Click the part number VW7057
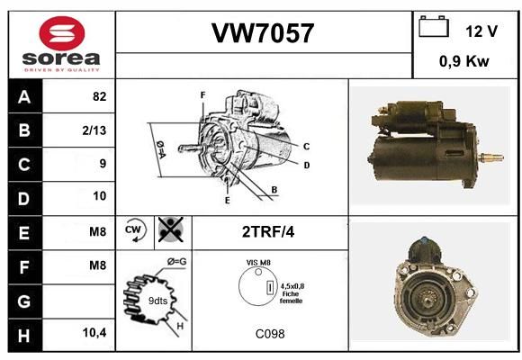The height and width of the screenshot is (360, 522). point(263,33)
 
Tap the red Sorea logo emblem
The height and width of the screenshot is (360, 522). point(62,33)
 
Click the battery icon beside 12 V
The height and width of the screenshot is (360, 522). point(434,26)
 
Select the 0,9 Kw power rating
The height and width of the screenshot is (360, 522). point(464,61)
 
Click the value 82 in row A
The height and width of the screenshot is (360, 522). point(100,96)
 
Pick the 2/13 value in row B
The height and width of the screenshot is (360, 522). point(94,130)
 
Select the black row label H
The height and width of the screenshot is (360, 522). point(25,336)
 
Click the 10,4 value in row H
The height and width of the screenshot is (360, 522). point(94,332)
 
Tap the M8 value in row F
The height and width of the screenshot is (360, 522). point(97,265)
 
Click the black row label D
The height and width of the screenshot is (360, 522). point(25,199)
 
